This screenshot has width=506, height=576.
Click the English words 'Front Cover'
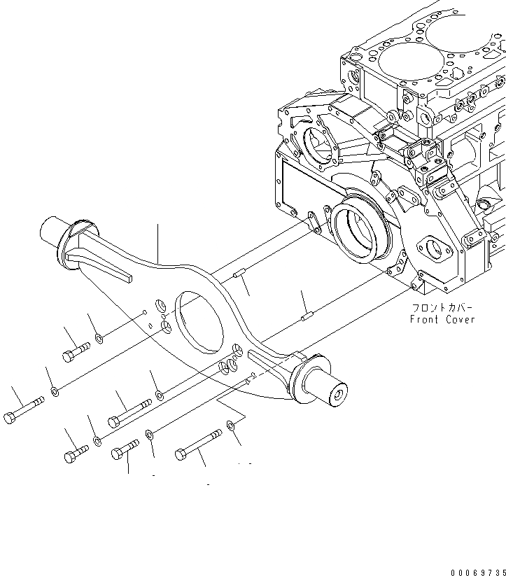click(442, 320)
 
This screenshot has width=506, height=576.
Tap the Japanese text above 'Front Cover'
click(442, 307)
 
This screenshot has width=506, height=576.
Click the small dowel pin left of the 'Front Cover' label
click(305, 316)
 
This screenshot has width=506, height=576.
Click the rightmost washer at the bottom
click(231, 424)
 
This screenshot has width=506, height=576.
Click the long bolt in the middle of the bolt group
click(129, 413)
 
